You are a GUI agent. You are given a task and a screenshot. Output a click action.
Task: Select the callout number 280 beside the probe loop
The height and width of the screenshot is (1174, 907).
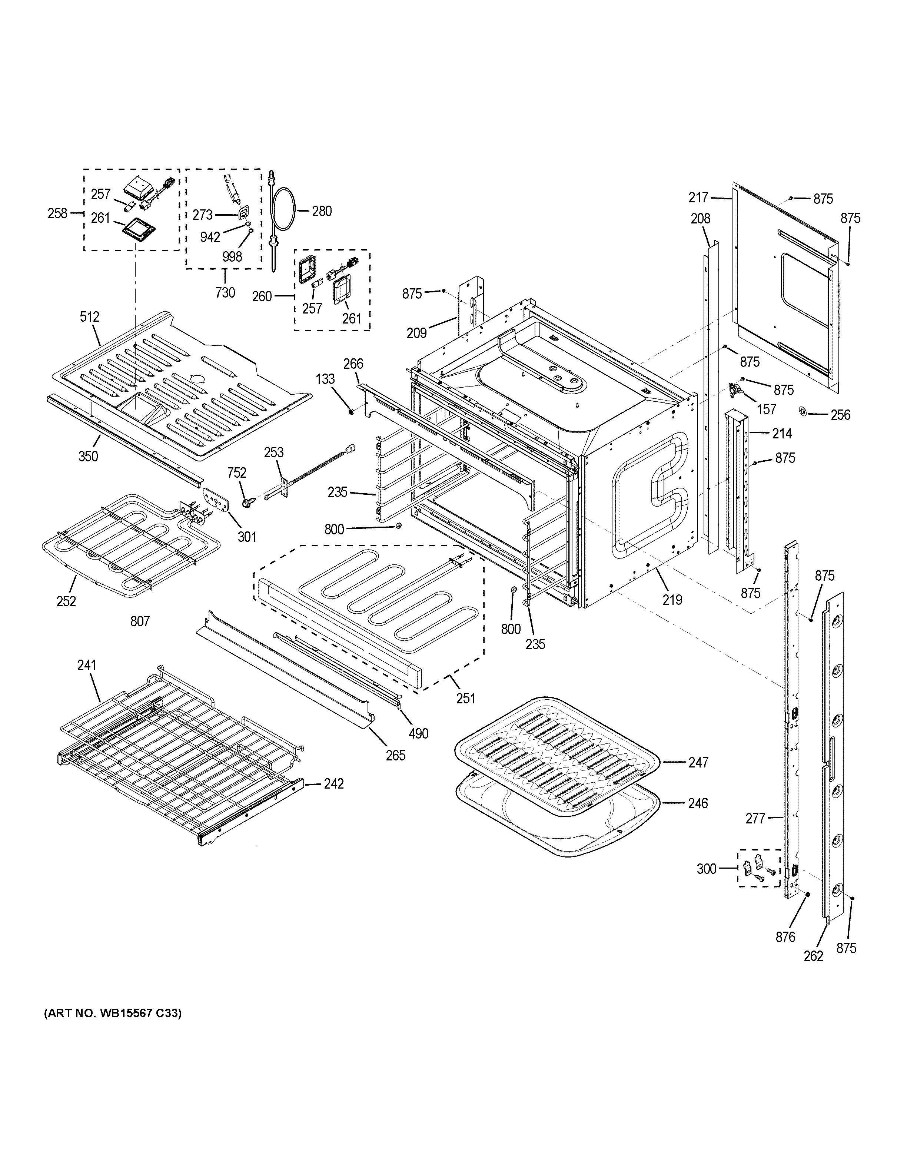[x=322, y=211]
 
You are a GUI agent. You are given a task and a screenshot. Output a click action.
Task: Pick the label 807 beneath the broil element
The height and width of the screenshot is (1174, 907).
[x=140, y=621]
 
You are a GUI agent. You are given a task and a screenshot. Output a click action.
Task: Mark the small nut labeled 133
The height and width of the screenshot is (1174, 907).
[x=351, y=412]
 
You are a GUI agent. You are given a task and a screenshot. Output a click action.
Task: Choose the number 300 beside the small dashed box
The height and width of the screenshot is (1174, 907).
[x=707, y=869]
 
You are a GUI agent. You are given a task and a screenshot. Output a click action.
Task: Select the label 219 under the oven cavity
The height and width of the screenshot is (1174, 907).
[x=672, y=599]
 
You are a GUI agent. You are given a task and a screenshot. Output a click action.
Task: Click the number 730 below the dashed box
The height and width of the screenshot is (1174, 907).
[x=225, y=292]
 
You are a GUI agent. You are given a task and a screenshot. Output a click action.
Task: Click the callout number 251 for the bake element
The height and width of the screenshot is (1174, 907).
[x=466, y=698]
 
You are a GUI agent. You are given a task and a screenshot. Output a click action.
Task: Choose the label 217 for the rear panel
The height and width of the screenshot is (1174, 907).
[x=698, y=198]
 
